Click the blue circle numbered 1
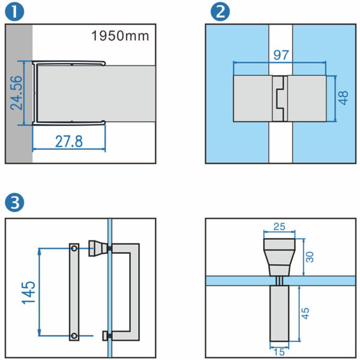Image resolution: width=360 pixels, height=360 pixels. pyautogui.click(x=13, y=12)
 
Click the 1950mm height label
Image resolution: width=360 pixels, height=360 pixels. pyautogui.click(x=120, y=36)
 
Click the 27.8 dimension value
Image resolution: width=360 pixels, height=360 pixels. pyautogui.click(x=70, y=143)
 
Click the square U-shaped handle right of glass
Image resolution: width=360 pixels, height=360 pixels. pyautogui.click(x=135, y=291)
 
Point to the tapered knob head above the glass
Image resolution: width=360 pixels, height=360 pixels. pyautogui.click(x=280, y=252)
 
